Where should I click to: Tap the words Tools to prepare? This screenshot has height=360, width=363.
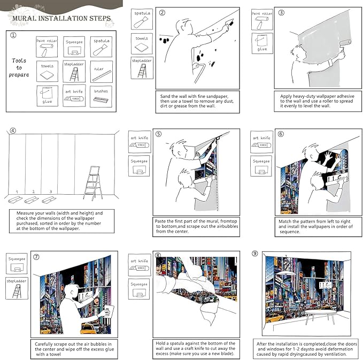(x=20, y=67)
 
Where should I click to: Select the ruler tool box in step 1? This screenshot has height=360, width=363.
(x=101, y=71)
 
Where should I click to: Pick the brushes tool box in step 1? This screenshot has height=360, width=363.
(x=101, y=96)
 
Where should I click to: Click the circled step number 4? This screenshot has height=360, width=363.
(x=13, y=130)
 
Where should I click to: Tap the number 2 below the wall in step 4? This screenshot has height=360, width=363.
(x=33, y=192)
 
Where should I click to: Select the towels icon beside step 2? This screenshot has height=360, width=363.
(x=142, y=42)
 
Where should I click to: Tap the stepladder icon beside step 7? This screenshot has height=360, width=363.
(x=16, y=287)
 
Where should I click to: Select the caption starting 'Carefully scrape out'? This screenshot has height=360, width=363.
(x=73, y=348)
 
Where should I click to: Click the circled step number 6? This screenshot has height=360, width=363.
(x=281, y=134)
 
